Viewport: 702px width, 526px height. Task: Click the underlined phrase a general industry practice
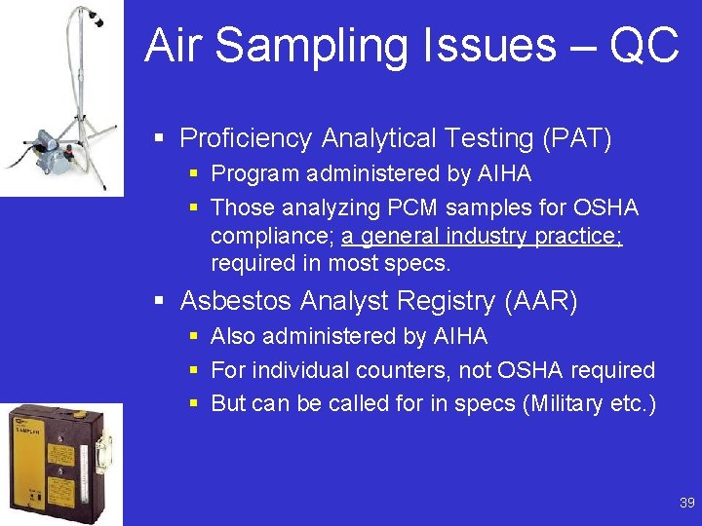tap(482, 236)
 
